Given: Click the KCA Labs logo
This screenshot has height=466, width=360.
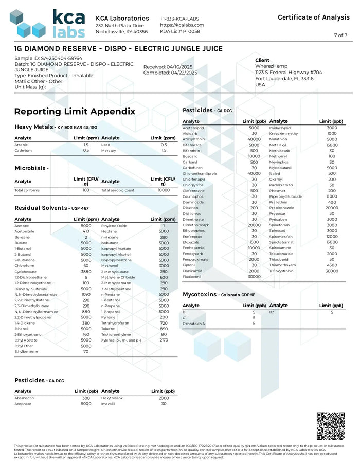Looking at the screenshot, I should coord(47,23).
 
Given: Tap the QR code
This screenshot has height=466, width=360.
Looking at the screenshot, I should coord(330,425).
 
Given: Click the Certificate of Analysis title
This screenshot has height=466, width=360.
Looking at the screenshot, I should coord(313,17).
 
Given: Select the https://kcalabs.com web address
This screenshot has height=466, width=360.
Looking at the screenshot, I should coord(182,25).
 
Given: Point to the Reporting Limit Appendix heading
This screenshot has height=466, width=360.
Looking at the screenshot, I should coord(75,112).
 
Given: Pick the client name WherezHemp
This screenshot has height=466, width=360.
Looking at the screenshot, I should coord(273,66).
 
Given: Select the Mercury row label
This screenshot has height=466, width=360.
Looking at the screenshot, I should coord(109,151).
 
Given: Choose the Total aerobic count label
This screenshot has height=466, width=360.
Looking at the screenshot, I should coord(118,190).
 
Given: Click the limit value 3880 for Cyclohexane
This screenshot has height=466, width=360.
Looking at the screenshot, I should coord(86,271).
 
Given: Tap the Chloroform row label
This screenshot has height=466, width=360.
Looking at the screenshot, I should coord(25,265).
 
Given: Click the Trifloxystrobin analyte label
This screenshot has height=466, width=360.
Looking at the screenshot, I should coord(282,271).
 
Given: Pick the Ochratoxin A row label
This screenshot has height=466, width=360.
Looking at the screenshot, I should coord(194,324).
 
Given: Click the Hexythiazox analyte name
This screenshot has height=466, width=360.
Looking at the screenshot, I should coord(112,398).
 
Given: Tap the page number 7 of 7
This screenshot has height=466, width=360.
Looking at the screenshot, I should coord(340,35).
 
